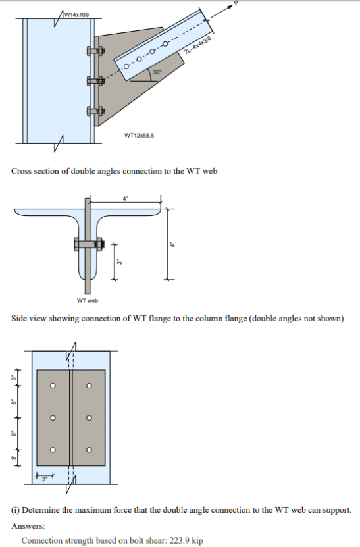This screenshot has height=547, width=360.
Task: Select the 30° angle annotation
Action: tap(157, 71)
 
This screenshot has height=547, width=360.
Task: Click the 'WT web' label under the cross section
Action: tap(87, 301)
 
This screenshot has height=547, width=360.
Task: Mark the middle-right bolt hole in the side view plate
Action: tap(89, 419)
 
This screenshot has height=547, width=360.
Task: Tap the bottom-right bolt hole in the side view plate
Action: tap(89, 451)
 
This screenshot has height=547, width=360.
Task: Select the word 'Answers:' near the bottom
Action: tap(27, 526)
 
